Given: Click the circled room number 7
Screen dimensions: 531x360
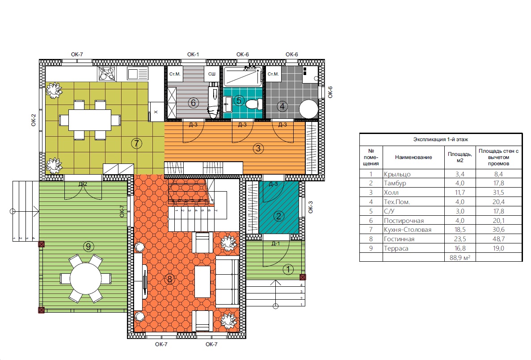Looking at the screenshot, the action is tap(136, 143).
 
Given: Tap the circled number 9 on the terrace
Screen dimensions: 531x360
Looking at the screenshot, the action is tap(88, 246).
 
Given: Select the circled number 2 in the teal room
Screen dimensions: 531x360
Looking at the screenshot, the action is tap(279, 216).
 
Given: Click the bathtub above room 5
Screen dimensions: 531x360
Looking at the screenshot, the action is tap(243, 76).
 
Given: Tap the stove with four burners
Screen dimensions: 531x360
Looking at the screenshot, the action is tap(107, 73).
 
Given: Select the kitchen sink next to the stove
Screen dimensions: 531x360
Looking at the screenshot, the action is tap(138, 74).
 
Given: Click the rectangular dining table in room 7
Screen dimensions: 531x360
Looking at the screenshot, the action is tap(90, 120).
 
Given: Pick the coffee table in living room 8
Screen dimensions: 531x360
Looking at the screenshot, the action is tap(202, 281).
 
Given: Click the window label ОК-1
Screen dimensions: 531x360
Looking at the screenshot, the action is tap(193, 54).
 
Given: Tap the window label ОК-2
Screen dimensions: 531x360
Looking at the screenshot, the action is tap(34, 120).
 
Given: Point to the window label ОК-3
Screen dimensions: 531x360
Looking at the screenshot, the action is tap(311, 207).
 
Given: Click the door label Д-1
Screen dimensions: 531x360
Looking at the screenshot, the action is tap(276, 243).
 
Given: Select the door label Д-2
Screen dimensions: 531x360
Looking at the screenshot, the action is tap(83, 184).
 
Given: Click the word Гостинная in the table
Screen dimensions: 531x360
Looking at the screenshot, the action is tap(399, 239).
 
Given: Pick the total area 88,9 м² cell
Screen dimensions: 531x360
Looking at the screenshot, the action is tap(460, 257).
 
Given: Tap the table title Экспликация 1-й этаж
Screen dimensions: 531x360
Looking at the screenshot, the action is tap(441, 139).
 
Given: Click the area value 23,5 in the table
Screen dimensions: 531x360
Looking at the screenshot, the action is tap(460, 239).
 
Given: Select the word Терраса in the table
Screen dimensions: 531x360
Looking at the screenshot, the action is tap(396, 248).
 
